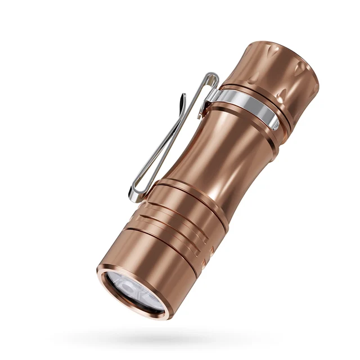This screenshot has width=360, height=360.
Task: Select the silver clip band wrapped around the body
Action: click(x=247, y=106)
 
